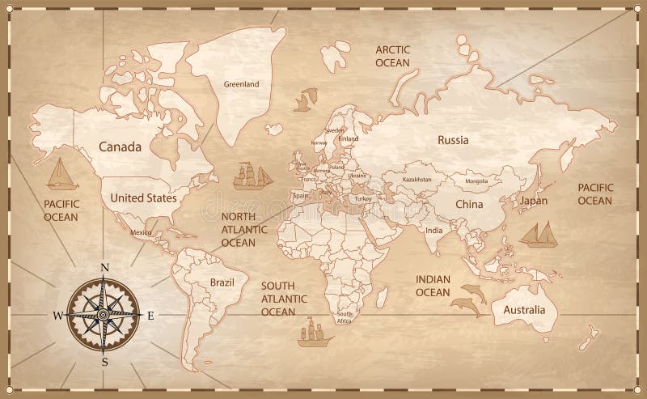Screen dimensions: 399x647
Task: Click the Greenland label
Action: [241, 83]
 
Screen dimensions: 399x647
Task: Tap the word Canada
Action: [120, 147]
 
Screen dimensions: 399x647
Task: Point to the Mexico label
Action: [142, 233]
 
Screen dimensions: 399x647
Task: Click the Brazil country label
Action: [221, 282]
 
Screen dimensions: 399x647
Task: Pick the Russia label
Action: [453, 140]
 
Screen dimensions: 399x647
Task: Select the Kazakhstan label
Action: [417, 179]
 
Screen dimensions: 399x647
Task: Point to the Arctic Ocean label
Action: [393, 56]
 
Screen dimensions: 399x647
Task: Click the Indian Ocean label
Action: [433, 286]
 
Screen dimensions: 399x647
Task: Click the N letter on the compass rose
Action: [104, 268]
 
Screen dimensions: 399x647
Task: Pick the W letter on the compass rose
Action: [57, 315]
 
